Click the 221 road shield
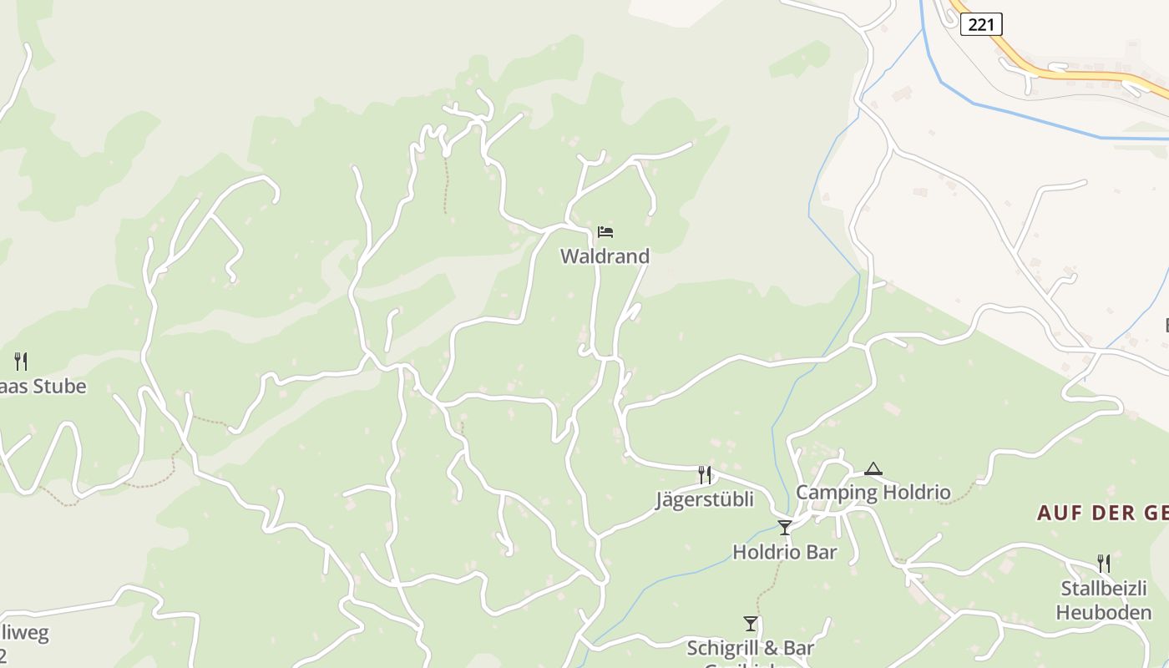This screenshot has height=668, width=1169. pos(981,25)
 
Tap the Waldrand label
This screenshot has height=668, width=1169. pos(605,256)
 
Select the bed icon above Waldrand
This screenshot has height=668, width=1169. pos(605,232)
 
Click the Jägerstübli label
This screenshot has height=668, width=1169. pos(704,499)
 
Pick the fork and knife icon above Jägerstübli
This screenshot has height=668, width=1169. pos(705,475)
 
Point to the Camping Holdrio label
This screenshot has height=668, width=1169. pos(873,493)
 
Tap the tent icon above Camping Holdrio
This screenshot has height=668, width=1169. pos(873,469)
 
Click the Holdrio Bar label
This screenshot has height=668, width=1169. pos(784,552)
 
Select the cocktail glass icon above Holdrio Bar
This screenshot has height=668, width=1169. pos(785,528)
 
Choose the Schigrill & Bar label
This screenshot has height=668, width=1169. pos(750,648)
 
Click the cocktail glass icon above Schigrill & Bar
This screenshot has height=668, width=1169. pos(751,624)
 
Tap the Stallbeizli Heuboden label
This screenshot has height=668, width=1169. pos(1103,600)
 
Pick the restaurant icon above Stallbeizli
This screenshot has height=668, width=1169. pos(1104,564)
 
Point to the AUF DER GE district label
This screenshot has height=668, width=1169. pos(1102,513)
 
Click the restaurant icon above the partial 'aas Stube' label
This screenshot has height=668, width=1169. pos(21,362)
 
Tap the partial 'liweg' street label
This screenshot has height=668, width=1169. pos(25,632)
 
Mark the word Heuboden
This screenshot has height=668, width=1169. pos(1103,612)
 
